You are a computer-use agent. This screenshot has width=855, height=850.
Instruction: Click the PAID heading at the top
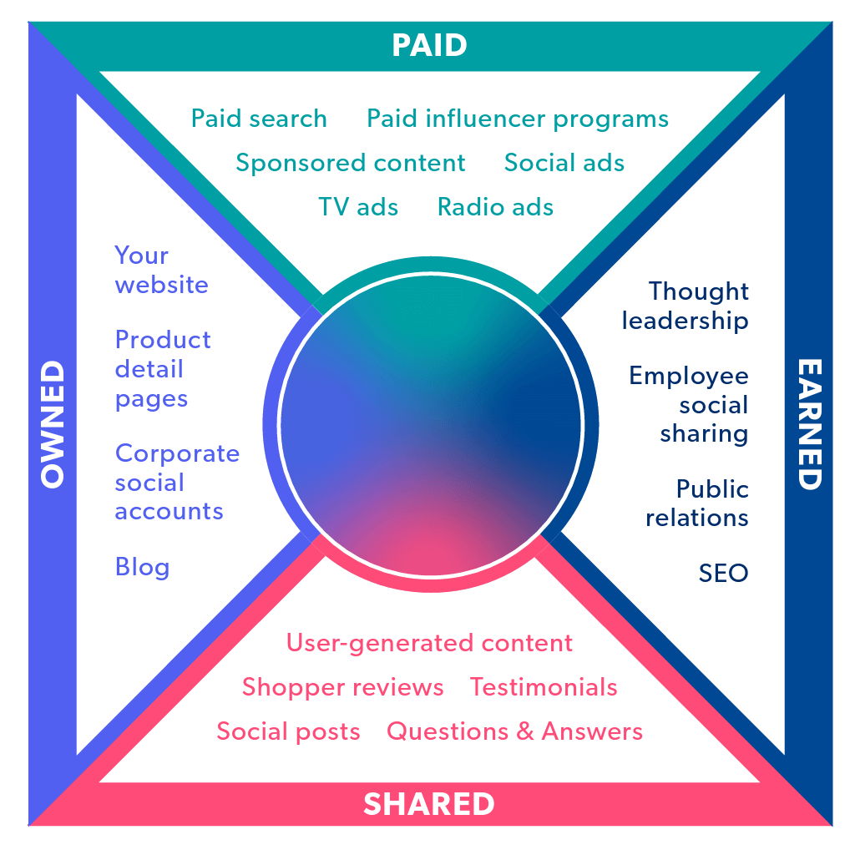click(x=429, y=45)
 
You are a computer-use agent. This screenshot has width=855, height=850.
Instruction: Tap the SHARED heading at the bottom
click(x=429, y=804)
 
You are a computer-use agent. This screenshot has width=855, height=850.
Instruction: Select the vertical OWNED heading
click(x=53, y=424)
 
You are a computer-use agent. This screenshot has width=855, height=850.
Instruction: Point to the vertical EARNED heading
click(x=808, y=424)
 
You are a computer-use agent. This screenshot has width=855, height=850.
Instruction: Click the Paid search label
click(x=259, y=119)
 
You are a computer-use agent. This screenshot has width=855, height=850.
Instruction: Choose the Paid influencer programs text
click(x=518, y=119)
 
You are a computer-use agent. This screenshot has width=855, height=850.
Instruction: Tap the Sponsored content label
click(x=351, y=163)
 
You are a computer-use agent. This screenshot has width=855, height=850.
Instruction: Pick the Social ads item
click(x=564, y=163)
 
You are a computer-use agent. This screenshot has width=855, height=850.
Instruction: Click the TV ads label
click(x=358, y=206)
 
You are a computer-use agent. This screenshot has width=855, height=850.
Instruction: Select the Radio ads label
click(x=495, y=206)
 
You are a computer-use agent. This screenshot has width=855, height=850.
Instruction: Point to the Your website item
click(x=161, y=270)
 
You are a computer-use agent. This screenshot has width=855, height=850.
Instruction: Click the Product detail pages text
click(x=163, y=369)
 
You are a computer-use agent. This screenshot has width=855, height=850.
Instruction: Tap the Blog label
click(x=142, y=568)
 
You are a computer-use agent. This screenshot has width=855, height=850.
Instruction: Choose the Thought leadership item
click(x=686, y=306)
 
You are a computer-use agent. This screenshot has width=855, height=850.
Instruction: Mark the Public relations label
click(x=698, y=503)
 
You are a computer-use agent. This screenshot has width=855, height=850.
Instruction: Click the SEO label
click(x=723, y=574)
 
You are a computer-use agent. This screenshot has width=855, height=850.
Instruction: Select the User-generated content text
click(x=429, y=643)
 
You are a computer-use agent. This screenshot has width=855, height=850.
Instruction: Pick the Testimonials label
click(x=544, y=687)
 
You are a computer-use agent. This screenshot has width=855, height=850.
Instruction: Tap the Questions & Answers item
click(x=514, y=731)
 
